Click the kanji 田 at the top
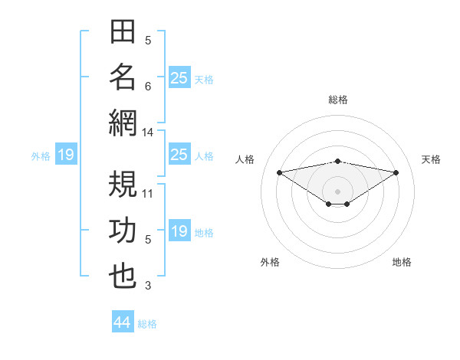coord(123,31)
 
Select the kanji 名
coord(123,77)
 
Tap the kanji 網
coord(123,123)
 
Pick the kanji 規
coord(123,184)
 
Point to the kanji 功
coord(123,230)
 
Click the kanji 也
coord(123,277)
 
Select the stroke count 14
coord(147,133)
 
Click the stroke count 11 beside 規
coord(147,194)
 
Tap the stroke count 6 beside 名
coord(148,87)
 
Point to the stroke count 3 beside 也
coord(148,286)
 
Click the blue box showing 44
coord(123,321)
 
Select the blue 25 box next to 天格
coord(180,77)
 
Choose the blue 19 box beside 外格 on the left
coord(66,154)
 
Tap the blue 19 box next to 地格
coord(180,230)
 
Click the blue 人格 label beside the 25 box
coord(204,156)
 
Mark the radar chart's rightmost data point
coord(396,172)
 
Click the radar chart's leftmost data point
coord(280,172)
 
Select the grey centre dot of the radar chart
coord(337,191)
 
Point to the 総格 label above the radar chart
coord(338,100)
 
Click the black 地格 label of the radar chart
coord(402,262)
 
